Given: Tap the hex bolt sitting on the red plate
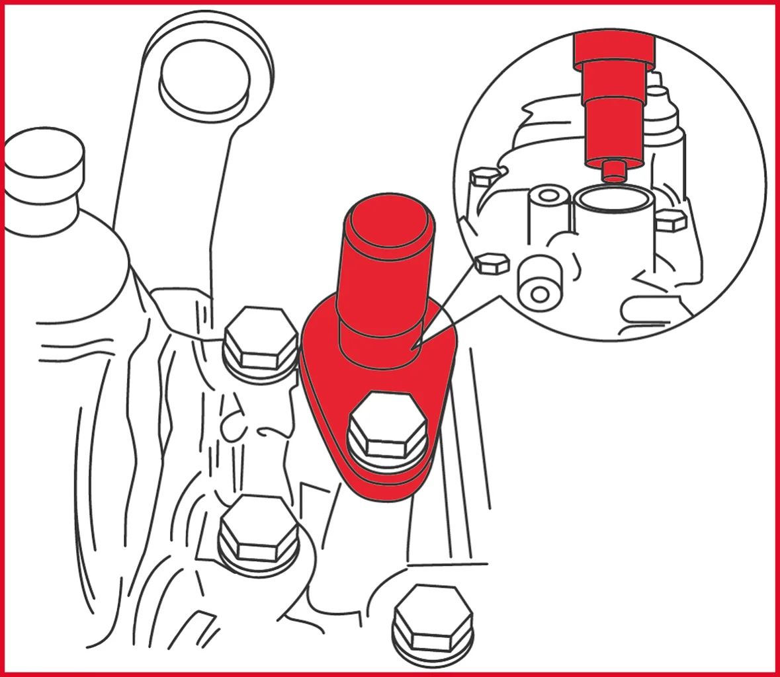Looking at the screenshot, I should [387, 430].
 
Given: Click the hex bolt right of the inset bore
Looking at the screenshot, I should [670, 219].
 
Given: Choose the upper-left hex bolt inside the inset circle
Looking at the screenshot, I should [482, 177].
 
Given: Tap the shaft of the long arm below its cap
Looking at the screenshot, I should [165, 198].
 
